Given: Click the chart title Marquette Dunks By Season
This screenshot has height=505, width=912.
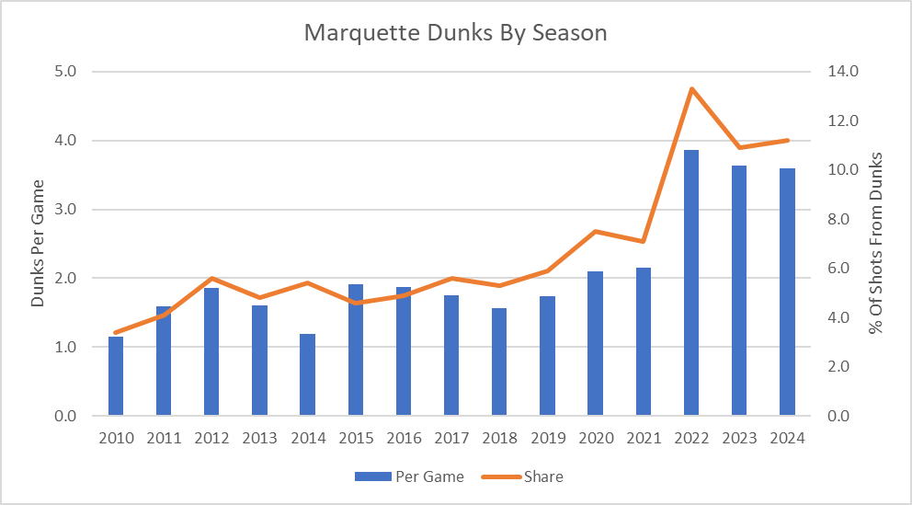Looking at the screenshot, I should tap(455, 33).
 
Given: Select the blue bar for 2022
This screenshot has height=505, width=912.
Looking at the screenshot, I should tap(690, 283).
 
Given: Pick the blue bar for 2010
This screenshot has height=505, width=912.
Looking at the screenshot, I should tap(116, 376).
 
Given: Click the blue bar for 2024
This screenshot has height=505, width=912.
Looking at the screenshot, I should tap(787, 293).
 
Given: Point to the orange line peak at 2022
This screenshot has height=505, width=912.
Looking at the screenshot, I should tap(690, 88).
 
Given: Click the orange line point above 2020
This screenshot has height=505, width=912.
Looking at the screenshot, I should tap(595, 231).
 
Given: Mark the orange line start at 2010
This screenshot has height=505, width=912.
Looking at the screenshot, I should tap(116, 332).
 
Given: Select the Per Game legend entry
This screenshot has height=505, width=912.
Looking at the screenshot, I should tap(409, 476).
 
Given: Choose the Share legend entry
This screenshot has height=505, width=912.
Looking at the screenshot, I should tap(530, 476).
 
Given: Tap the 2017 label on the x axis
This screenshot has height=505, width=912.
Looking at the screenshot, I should tap(451, 438).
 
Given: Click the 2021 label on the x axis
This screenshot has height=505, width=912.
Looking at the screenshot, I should tap(643, 438).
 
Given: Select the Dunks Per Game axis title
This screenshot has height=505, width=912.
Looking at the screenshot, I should tap(38, 243).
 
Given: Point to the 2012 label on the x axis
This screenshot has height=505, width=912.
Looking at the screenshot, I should tap(211, 438).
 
